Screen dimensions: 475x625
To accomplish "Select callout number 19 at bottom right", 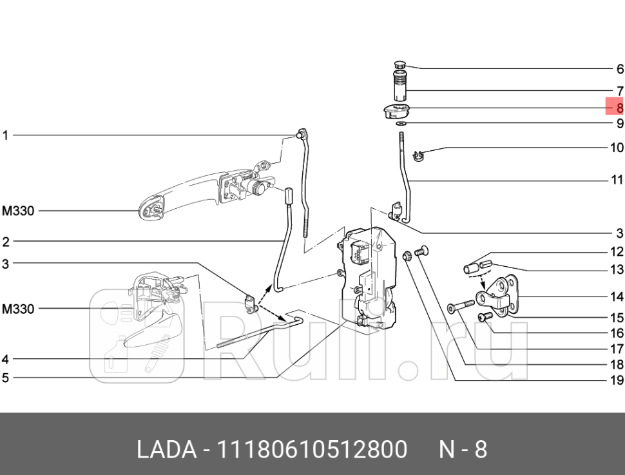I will click(x=617, y=380).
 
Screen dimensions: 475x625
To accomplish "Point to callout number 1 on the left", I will click(x=5, y=135).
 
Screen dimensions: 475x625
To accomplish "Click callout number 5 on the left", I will click(x=5, y=377).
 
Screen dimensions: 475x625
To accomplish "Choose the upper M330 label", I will click(x=17, y=211).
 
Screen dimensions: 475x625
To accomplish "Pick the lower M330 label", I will click(x=17, y=309).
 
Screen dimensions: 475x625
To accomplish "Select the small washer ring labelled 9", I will click(x=401, y=122).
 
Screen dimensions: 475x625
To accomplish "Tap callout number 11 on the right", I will click(x=617, y=180).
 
